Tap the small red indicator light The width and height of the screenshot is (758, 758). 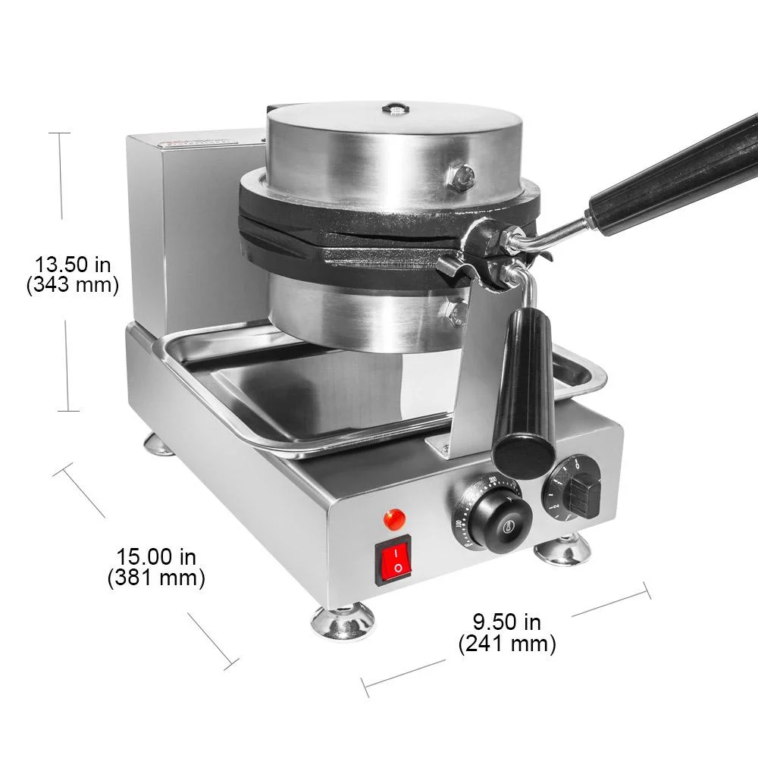(x=394, y=519)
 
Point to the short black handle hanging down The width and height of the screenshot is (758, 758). (x=526, y=394)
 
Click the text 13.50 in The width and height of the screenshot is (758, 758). (x=73, y=265)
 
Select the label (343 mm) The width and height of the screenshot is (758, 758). (x=73, y=285)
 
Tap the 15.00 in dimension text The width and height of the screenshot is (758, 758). (x=156, y=557)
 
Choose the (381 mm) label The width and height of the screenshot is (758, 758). (x=156, y=578)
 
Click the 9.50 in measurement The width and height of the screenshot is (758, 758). (x=507, y=622)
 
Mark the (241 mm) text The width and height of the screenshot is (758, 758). (x=507, y=644)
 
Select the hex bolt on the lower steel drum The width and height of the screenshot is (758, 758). (x=456, y=312)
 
